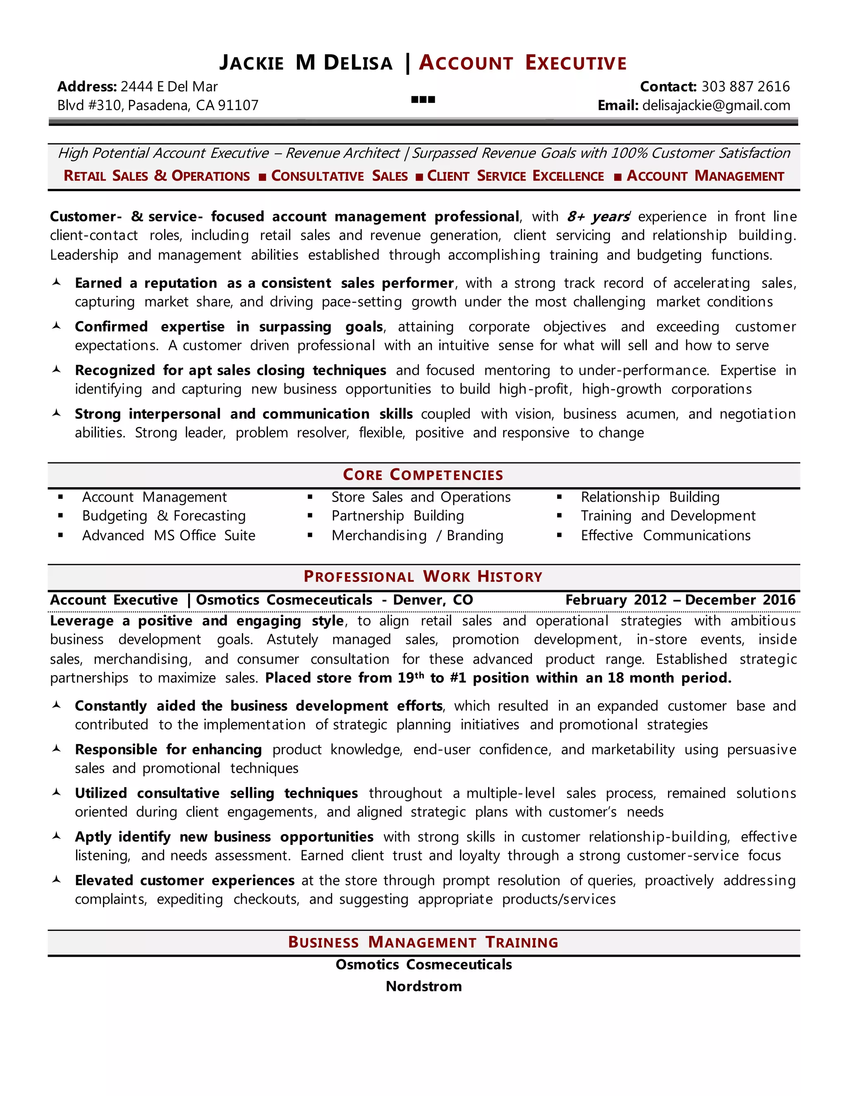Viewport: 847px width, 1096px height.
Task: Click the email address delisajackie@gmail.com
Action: point(716,105)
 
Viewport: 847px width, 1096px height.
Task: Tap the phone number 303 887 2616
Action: point(745,87)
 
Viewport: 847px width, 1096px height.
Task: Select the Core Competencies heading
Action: point(423,475)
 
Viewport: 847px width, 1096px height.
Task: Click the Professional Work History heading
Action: point(423,577)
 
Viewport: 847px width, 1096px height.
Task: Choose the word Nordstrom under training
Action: point(423,986)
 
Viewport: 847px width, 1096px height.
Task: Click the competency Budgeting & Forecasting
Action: point(164,516)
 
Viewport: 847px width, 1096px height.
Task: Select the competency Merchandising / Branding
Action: point(417,536)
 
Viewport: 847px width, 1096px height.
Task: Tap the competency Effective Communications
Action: point(665,536)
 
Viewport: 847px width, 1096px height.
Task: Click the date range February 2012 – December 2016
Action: point(680,600)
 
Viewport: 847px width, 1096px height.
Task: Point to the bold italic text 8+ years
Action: point(598,217)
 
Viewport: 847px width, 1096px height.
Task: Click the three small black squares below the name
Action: point(423,100)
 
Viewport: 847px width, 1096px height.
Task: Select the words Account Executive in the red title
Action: point(523,63)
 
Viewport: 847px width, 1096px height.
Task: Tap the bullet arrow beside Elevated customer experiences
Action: point(57,879)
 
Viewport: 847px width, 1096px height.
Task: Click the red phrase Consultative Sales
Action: point(339,176)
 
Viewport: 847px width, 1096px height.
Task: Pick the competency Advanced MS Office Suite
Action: point(169,536)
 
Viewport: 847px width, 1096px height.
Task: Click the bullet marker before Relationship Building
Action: point(559,497)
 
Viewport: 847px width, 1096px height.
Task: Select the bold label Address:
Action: point(87,87)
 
